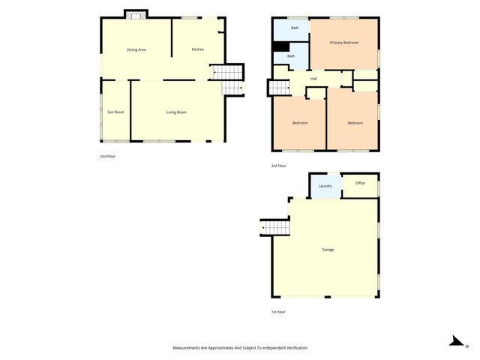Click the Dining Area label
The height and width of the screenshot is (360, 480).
coord(136,49)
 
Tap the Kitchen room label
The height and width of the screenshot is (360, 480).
coord(198,49)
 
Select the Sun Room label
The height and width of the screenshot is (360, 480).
coord(115,112)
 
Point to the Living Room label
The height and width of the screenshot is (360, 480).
coord(176,112)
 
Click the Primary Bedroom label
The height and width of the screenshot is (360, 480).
coord(344,43)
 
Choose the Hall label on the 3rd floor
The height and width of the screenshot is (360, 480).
coord(313,78)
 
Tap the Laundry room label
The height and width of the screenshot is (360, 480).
coord(325,186)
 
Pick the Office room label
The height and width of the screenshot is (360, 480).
coord(360,183)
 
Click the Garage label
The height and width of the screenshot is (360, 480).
coord(328,249)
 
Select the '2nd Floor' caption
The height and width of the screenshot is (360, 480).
coord(108,156)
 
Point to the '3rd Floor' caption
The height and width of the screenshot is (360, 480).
coord(278,166)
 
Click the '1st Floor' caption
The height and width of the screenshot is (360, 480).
coord(278,311)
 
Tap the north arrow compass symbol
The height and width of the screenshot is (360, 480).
coord(455,341)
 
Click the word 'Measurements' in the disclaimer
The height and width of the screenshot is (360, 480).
coord(187,348)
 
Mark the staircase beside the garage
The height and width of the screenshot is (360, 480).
coord(274,226)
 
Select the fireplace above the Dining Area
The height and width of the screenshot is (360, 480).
coord(136,15)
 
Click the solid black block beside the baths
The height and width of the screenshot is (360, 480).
coord(280,46)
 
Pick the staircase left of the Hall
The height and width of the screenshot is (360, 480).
coord(278,87)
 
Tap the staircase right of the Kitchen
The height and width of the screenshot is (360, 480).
coord(227,72)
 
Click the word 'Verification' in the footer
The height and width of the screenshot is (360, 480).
coord(293,348)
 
